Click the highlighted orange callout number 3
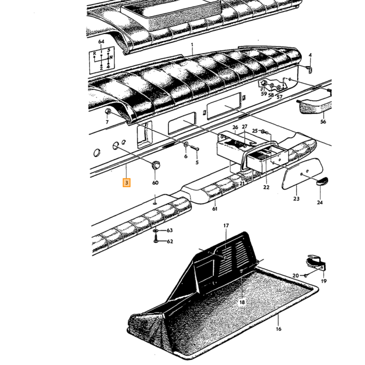[x=126, y=182]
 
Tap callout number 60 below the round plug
[x=155, y=182]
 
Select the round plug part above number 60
[x=156, y=165]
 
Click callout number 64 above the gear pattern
[x=101, y=42]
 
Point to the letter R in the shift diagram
[x=94, y=54]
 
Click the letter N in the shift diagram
[x=111, y=57]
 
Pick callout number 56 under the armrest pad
[x=323, y=121]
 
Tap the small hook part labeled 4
[x=310, y=69]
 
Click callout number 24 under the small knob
[x=320, y=202]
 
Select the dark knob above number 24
[x=322, y=180]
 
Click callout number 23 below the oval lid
[x=296, y=199]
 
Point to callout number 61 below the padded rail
[x=215, y=209]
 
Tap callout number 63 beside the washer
[x=169, y=230]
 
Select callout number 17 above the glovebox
[x=226, y=226]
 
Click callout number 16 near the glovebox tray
[x=278, y=329]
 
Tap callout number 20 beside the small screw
[x=296, y=276]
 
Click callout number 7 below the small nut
[x=107, y=122]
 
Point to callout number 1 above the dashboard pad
[x=192, y=44]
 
